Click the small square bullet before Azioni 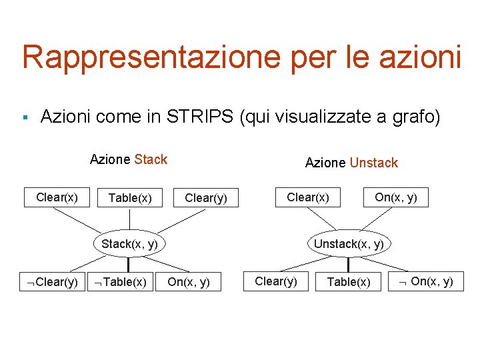click(24, 118)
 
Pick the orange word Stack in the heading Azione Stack click(151, 159)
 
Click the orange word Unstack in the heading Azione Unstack click(373, 163)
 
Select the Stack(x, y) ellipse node click(129, 243)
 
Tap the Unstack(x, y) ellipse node click(348, 243)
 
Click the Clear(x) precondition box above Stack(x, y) click(57, 197)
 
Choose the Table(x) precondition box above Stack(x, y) click(130, 198)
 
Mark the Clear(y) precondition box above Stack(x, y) click(206, 198)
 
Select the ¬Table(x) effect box click(121, 282)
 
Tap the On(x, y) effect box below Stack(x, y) click(189, 282)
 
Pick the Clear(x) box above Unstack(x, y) click(307, 197)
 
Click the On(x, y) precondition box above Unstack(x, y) click(396, 197)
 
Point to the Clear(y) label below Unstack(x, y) click(276, 281)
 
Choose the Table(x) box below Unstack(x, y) click(349, 282)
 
